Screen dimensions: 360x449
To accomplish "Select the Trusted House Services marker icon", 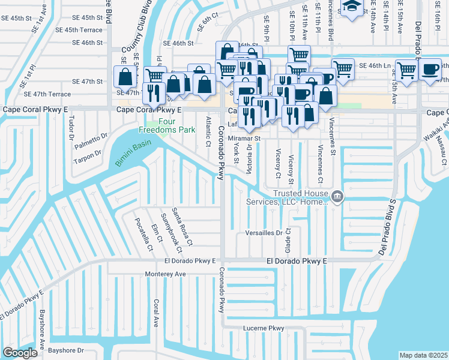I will pos(337,196).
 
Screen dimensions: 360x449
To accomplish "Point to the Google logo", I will pos(20,353).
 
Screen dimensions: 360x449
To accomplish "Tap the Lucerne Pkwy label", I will pos(263,328).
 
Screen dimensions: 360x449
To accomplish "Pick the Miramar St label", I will pos(244,138).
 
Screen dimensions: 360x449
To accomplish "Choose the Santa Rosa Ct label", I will pos(182,227).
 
